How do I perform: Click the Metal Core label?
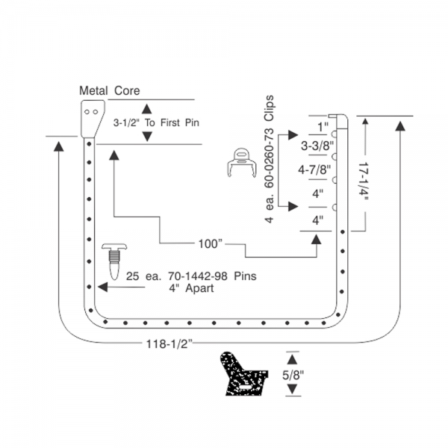109,91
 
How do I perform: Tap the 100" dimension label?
211,243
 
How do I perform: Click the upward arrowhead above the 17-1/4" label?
364,125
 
